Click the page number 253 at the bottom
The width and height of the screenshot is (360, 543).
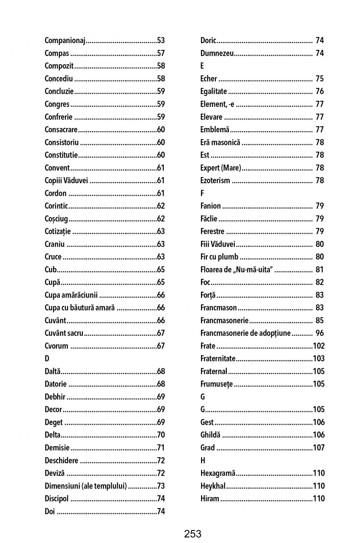click(193, 534)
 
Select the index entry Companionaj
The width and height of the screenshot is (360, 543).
click(65, 40)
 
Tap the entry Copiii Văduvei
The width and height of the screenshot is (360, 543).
click(66, 181)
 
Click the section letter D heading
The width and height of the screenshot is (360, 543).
click(47, 359)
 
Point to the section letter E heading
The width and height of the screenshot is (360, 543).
click(202, 66)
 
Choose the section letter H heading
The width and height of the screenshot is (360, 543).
click(203, 461)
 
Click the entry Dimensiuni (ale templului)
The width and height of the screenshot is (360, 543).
click(86, 486)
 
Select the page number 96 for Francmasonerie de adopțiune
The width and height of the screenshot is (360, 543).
click(320, 333)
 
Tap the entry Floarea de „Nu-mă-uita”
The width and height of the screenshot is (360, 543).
click(237, 270)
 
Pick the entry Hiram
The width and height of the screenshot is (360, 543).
click(210, 499)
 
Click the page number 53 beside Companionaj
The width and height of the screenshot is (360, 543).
click(161, 40)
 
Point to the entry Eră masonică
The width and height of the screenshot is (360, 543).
click(220, 143)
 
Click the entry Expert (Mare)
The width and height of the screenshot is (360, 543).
click(220, 168)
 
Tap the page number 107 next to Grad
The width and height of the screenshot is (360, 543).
click(319, 448)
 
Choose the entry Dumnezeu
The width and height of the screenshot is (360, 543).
click(217, 53)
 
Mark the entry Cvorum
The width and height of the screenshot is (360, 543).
click(56, 346)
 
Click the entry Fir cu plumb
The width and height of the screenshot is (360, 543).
click(219, 257)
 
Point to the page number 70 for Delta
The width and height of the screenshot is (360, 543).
click(161, 435)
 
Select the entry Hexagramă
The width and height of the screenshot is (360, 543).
click(218, 473)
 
